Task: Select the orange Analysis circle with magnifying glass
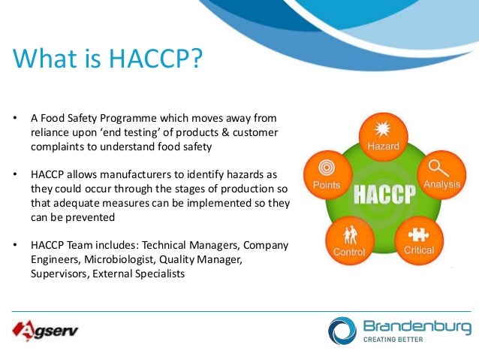(x=437, y=172)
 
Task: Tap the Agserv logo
(x=45, y=330)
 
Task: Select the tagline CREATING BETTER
(x=393, y=340)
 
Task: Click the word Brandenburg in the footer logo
(x=417, y=326)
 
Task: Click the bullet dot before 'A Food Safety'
(x=14, y=119)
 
